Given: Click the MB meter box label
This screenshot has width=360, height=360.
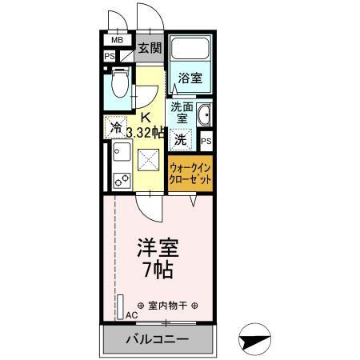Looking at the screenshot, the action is [x=117, y=40].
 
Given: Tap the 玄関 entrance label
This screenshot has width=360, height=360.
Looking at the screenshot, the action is [x=150, y=48].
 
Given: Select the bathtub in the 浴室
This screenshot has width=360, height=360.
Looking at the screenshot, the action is [x=190, y=48].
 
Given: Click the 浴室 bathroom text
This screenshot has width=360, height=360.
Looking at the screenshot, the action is [x=190, y=78].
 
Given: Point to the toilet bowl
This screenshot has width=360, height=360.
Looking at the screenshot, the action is [x=120, y=82].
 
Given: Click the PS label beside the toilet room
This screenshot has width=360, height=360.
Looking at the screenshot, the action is [x=110, y=57].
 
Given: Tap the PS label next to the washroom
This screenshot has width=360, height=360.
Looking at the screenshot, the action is [x=206, y=141].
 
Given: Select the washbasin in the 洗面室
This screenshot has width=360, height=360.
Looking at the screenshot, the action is [x=204, y=114].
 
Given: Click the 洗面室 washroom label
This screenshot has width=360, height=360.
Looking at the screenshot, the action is [x=182, y=113].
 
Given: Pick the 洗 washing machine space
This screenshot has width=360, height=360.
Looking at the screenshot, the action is [x=181, y=139].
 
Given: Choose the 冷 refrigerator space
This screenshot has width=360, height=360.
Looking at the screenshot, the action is [x=115, y=127].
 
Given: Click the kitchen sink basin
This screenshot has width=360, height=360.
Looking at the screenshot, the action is [x=122, y=151].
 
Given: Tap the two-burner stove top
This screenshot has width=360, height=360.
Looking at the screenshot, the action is [x=122, y=181].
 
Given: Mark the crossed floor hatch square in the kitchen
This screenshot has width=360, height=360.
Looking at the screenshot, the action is [x=148, y=160].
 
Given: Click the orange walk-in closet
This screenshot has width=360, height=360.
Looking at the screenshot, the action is [x=190, y=174].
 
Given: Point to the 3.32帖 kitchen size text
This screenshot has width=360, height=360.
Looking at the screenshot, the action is [x=146, y=133].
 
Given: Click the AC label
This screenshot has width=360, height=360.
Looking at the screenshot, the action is [x=132, y=315].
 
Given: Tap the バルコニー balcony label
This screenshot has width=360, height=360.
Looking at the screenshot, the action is [x=158, y=339].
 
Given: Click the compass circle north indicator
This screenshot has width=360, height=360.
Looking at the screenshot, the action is [x=254, y=339].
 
